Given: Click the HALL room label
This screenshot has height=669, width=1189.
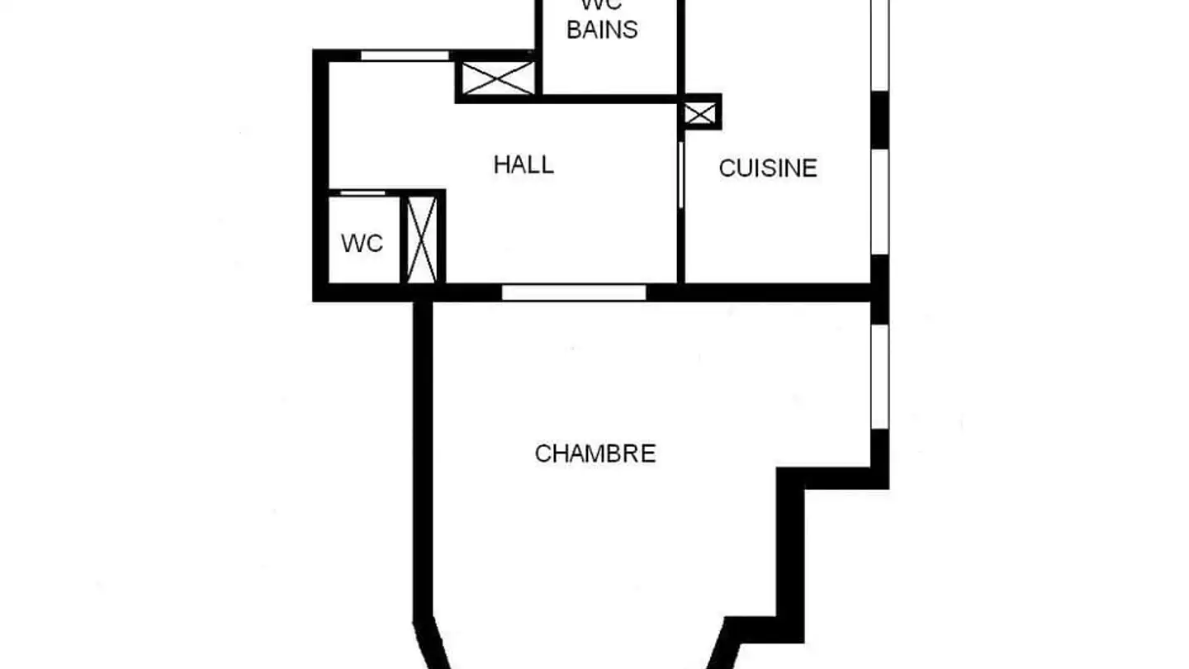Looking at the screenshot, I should (x=523, y=165).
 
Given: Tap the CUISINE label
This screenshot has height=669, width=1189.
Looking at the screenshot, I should (x=768, y=168).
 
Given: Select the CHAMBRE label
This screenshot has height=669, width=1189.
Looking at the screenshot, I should (x=595, y=453).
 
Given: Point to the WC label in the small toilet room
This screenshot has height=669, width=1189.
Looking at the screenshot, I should (x=362, y=244).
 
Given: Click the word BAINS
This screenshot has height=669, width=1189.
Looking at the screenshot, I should (x=602, y=30).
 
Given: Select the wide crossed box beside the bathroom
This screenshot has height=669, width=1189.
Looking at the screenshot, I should (x=498, y=78).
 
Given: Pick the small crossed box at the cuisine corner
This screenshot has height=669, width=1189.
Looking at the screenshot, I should (x=700, y=112).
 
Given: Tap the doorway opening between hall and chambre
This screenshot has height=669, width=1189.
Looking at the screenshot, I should (x=574, y=292).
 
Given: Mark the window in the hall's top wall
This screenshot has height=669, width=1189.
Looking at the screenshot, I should (x=405, y=56).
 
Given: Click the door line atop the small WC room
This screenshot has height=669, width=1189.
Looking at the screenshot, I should (x=363, y=193).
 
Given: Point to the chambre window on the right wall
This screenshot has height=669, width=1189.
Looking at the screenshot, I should (x=880, y=376).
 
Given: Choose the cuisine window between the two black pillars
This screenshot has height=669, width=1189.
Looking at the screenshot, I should (x=880, y=202).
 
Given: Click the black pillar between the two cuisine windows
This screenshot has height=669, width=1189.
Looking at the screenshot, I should (x=880, y=119).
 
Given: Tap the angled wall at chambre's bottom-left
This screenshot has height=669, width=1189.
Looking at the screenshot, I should (x=429, y=644).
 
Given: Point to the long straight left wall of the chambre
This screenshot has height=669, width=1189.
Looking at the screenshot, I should (x=423, y=454).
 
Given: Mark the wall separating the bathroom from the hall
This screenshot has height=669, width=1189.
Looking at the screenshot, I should (x=607, y=98).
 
